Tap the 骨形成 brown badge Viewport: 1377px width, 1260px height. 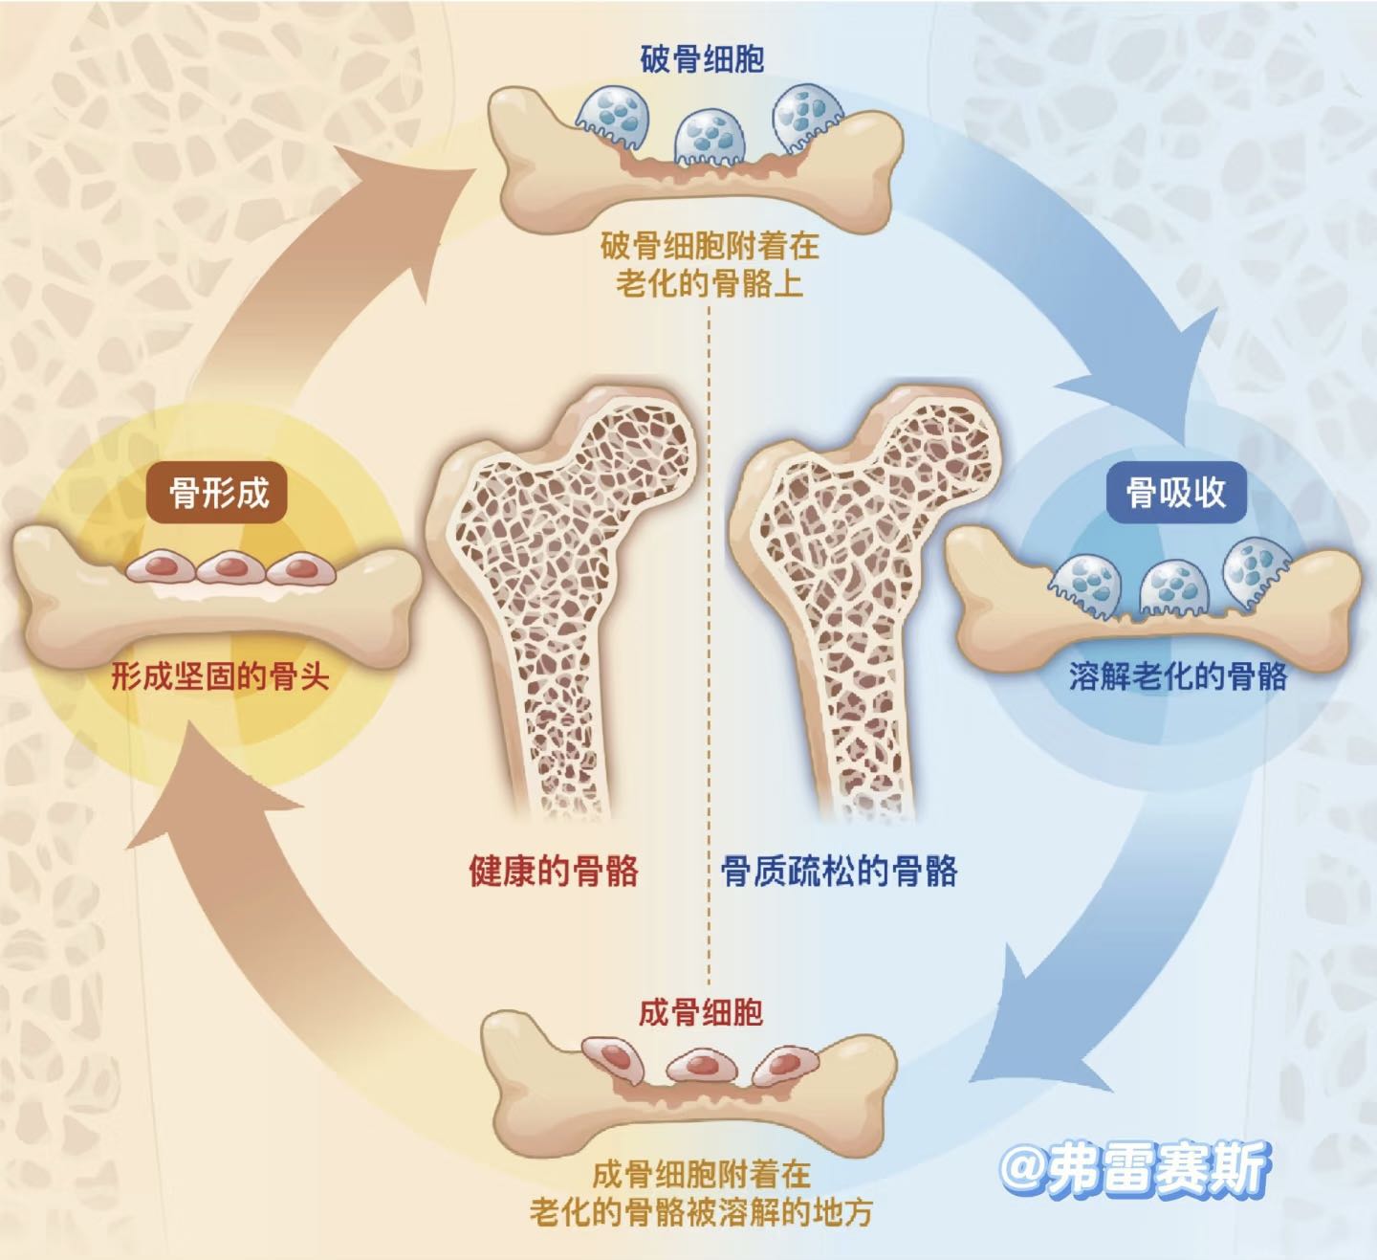pyautogui.click(x=219, y=494)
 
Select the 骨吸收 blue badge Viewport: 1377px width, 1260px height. pyautogui.click(x=1175, y=494)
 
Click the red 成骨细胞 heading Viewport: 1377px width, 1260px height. pyautogui.click(x=701, y=1012)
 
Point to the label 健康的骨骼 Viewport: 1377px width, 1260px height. pyautogui.click(x=554, y=872)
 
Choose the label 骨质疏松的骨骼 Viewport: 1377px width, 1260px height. pyautogui.click(x=839, y=872)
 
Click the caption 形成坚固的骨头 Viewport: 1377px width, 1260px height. pyautogui.click(x=220, y=677)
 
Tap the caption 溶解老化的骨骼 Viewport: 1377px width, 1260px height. pyautogui.click(x=1178, y=677)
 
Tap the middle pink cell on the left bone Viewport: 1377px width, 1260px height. pyautogui.click(x=228, y=567)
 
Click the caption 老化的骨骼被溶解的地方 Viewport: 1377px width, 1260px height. pyautogui.click(x=701, y=1212)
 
